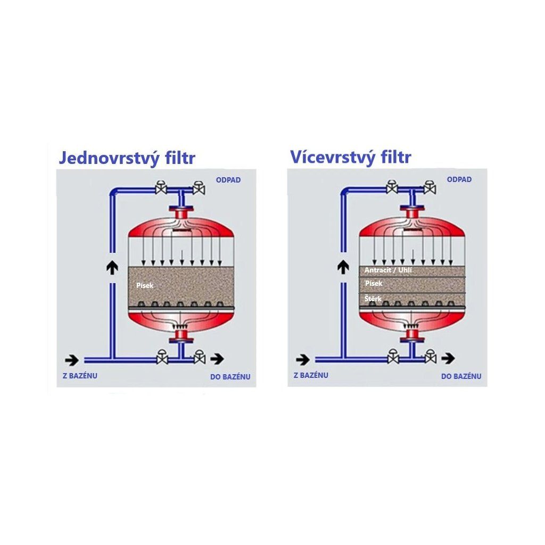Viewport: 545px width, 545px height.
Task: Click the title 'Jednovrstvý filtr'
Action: pos(127,158)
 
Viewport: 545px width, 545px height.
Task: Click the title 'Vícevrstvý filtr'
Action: pos(350,157)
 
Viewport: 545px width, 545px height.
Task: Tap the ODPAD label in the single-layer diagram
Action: pos(228,180)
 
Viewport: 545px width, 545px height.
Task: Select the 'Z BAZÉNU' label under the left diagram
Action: pos(80,376)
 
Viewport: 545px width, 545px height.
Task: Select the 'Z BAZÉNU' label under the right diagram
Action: pos(311,375)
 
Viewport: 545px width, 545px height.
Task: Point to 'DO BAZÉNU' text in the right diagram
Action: pos(461,376)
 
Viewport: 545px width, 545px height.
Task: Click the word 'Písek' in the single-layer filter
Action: pos(145,286)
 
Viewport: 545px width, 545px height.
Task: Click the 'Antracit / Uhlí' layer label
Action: pos(388,270)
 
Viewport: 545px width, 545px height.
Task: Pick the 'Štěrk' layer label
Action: pos(373,299)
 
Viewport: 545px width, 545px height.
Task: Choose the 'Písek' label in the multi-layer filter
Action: pos(374,284)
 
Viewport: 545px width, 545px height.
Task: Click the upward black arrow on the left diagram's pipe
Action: pos(112,268)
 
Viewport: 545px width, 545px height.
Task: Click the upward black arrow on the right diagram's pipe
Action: pos(343,266)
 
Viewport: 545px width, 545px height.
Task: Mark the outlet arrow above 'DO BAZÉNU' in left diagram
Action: pos(217,359)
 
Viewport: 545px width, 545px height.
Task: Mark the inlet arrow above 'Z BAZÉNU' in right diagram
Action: pos(302,359)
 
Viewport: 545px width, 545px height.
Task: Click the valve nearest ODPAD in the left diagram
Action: pos(199,188)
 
